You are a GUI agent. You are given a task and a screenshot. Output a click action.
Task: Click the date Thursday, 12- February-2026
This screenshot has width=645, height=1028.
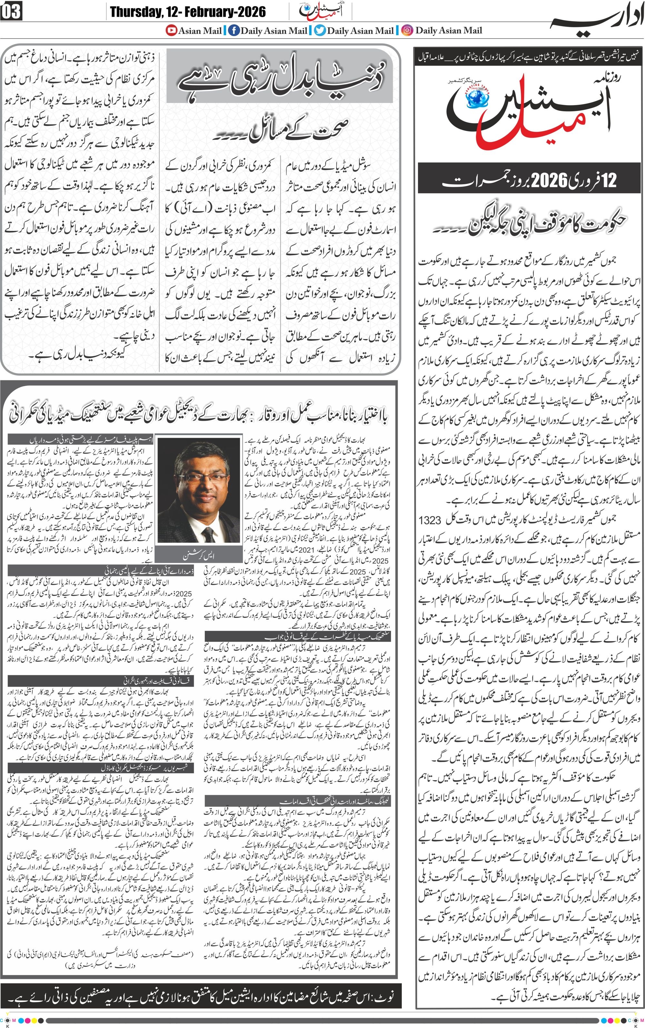coord(188,12)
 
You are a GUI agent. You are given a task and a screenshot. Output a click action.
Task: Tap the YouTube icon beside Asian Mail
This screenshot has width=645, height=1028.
coord(172,30)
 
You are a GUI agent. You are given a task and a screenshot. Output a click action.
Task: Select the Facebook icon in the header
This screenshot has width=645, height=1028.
coord(234,30)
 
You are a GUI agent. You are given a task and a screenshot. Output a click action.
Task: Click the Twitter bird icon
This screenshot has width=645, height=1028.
coord(320,30)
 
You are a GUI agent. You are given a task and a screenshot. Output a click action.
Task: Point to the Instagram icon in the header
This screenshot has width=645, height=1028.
coord(407,30)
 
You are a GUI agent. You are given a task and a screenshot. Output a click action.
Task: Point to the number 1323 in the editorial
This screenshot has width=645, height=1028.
coord(430,520)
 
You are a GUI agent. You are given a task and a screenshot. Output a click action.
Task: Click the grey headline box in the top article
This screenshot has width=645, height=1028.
coord(279,76)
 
